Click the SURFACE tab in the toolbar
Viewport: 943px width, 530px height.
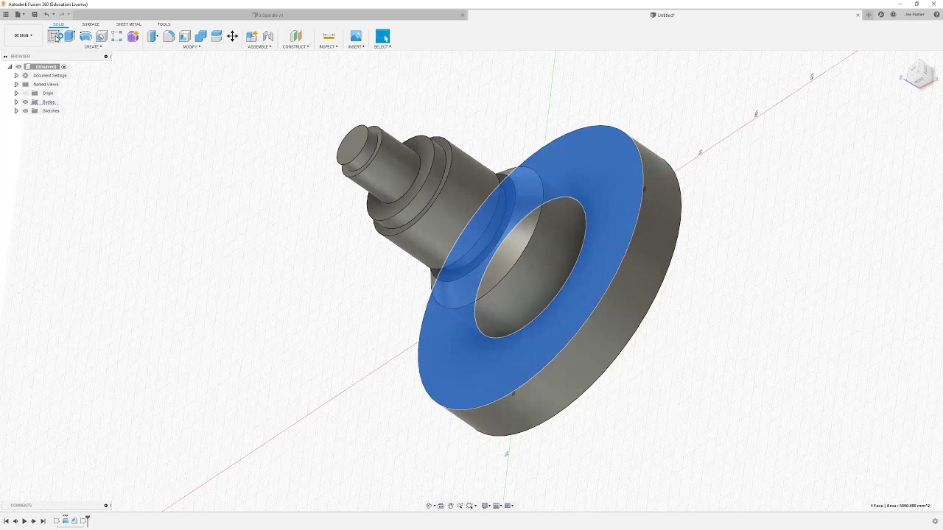[91, 24]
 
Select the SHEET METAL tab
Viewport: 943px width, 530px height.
[128, 24]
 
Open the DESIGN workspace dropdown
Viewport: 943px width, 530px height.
[23, 35]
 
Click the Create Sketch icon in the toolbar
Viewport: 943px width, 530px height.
[55, 36]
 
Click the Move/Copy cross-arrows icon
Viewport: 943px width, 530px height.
[232, 36]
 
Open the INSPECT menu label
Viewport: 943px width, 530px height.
[328, 47]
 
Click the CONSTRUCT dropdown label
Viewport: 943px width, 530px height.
[295, 47]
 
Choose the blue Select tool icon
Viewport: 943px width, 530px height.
[382, 36]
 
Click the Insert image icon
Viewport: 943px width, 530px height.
[356, 36]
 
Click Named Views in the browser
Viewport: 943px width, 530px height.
[46, 85]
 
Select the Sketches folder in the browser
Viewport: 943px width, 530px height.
[51, 111]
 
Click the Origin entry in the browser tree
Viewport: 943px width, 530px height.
[48, 93]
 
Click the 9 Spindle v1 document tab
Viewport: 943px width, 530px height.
[270, 15]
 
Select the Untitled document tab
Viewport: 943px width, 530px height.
[665, 15]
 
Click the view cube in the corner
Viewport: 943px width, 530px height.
[919, 74]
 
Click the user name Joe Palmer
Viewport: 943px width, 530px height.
[914, 15]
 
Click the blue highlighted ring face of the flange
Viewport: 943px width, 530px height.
[471, 368]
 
